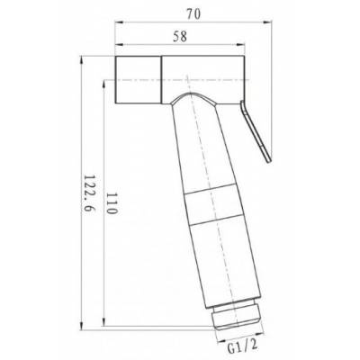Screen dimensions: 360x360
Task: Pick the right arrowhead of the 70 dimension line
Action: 269,25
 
